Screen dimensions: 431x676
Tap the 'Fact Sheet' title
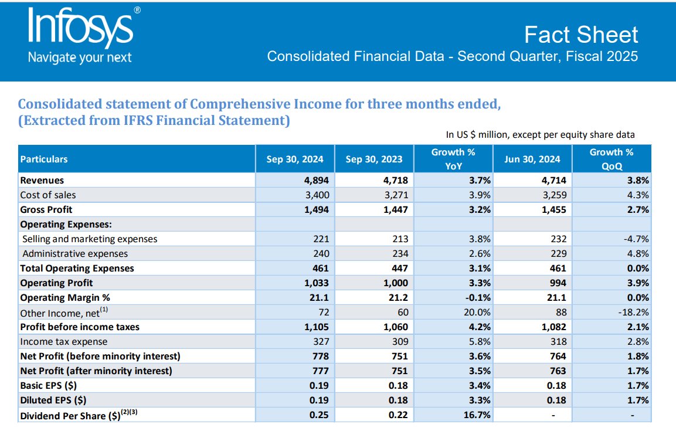tap(580, 35)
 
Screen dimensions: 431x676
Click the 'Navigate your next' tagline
tap(80, 57)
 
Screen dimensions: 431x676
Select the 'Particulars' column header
tap(44, 159)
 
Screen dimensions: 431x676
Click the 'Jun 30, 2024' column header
tap(532, 159)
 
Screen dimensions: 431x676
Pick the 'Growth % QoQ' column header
tap(611, 159)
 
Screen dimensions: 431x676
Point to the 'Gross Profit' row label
tap(46, 209)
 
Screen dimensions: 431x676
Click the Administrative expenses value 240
tap(321, 253)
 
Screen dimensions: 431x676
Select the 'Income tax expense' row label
tap(64, 341)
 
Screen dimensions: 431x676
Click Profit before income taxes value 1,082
tap(554, 327)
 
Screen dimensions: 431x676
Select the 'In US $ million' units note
tap(540, 134)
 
